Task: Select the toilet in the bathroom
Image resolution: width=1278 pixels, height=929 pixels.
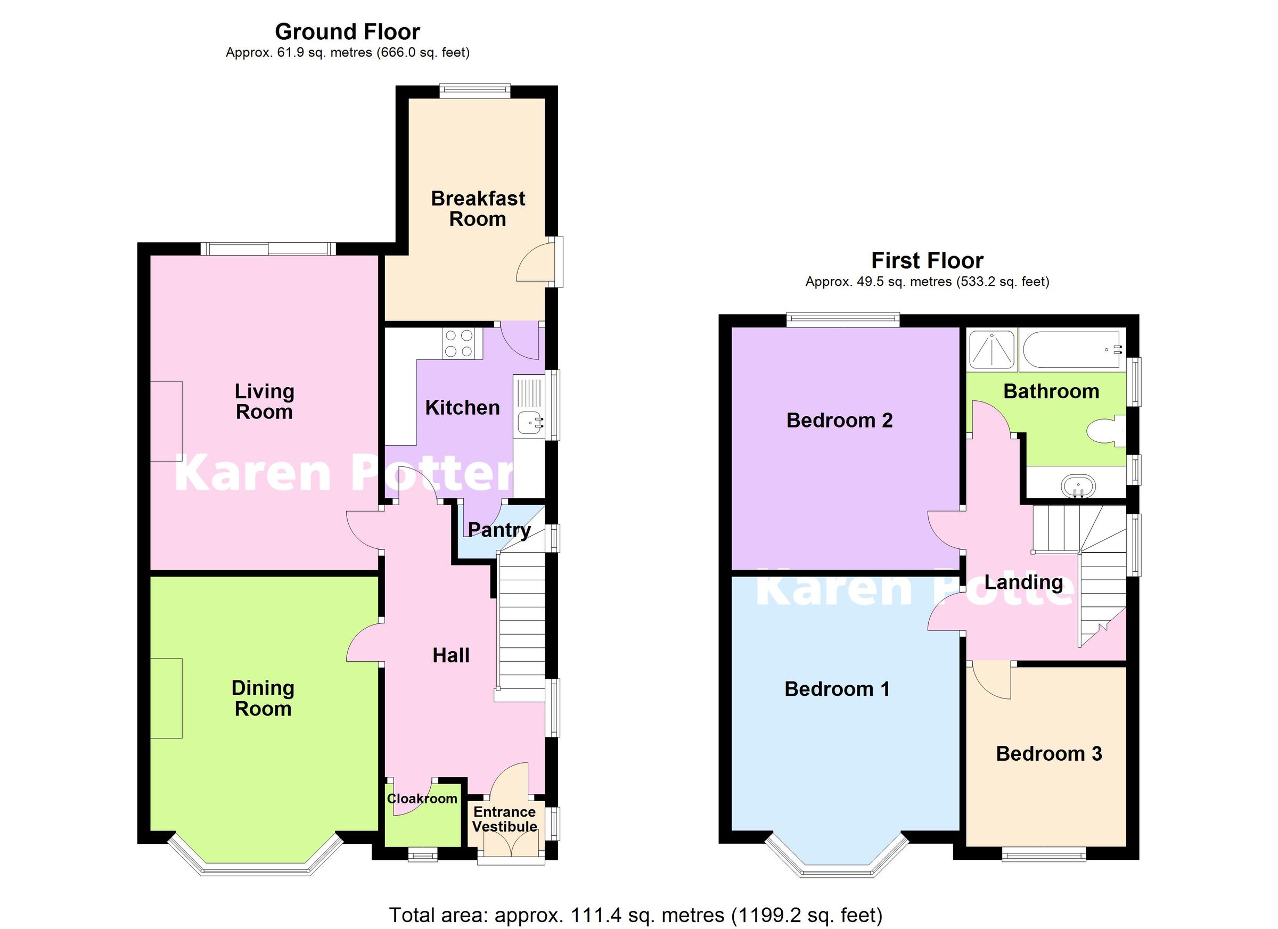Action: click(x=1103, y=433)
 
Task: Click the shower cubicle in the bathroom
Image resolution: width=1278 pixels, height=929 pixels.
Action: click(x=991, y=350)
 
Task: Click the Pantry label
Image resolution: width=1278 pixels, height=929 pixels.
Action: click(x=499, y=530)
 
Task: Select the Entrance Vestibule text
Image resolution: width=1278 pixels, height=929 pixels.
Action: click(x=504, y=819)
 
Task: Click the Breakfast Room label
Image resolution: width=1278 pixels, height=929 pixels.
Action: click(x=478, y=209)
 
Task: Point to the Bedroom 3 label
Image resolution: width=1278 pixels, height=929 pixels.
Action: click(x=1048, y=754)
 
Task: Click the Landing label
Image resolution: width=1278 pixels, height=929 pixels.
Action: click(x=1023, y=582)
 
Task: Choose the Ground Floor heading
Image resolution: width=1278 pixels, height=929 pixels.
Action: click(x=347, y=32)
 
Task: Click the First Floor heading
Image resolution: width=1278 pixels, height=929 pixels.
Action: click(x=927, y=261)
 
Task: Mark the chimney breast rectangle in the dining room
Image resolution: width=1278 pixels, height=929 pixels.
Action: click(x=166, y=698)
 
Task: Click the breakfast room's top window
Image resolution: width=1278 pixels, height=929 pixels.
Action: click(x=475, y=91)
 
